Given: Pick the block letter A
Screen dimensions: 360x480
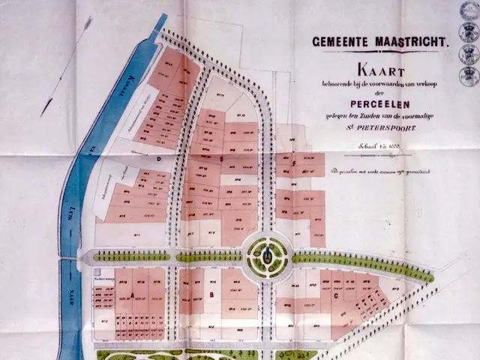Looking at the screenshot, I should coord(133,295).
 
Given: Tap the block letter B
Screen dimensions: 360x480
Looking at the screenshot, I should coord(212,295).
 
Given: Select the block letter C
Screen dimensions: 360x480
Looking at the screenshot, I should coord(335,295).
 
